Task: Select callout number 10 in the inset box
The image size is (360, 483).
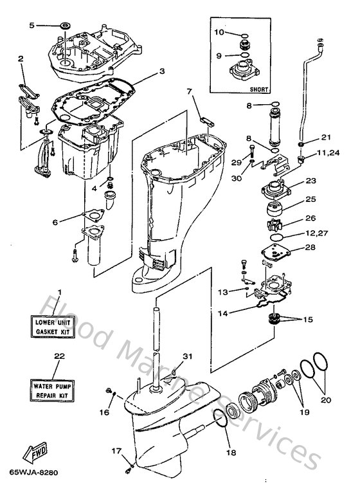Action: [219, 32]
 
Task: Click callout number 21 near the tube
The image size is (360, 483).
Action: [326, 138]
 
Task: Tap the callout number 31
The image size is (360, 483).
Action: [187, 358]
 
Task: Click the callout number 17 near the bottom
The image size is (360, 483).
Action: [116, 452]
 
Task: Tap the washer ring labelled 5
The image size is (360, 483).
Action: [64, 25]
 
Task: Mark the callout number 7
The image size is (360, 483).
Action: [190, 91]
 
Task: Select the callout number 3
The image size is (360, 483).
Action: [163, 71]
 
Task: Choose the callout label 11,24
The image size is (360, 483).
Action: [327, 154]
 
